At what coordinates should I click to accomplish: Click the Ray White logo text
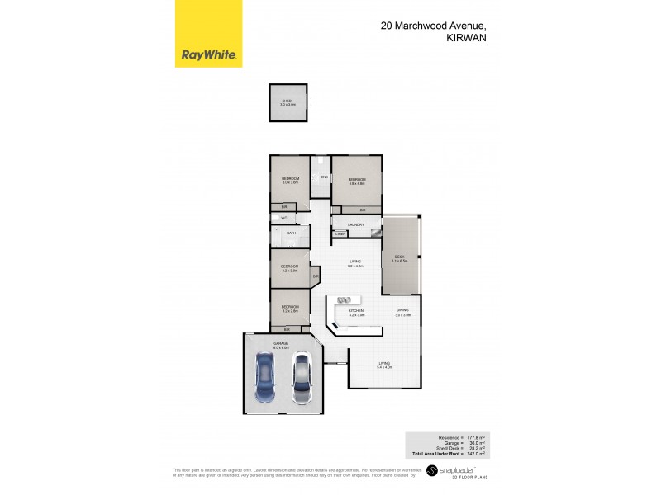click(x=209, y=56)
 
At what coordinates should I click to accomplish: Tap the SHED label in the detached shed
click(x=287, y=101)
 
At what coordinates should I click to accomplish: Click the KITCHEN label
click(x=356, y=310)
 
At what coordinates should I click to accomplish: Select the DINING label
click(x=402, y=310)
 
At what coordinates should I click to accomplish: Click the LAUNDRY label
click(x=357, y=224)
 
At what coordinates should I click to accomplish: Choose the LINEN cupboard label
click(x=340, y=234)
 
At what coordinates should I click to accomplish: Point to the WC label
click(x=283, y=218)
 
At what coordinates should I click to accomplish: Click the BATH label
click(x=291, y=233)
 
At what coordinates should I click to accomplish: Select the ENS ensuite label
click(x=324, y=177)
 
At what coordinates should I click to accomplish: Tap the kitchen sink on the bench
click(x=345, y=299)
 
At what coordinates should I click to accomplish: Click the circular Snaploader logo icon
click(x=430, y=471)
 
